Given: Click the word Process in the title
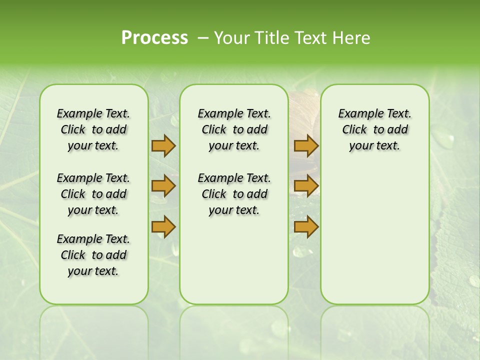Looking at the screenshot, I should point(154,38).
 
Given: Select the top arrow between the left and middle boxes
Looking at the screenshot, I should point(163,145).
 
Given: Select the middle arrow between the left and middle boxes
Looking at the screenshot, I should point(163,186).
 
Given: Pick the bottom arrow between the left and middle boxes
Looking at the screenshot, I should point(163,226).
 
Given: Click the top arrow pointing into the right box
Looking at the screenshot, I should point(306,145).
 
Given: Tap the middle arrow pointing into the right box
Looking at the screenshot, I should point(306,186).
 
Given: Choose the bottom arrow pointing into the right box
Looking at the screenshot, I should point(306,226).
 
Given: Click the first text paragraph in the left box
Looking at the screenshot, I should point(93,129).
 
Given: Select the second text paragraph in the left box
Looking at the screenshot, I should point(93,194).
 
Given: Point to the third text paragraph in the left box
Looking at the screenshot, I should point(93,255).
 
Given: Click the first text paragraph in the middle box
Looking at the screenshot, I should point(234,129).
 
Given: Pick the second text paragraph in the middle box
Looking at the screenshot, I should point(234,194).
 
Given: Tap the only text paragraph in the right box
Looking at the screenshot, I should point(375,129).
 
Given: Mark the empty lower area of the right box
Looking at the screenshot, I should point(375,230).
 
